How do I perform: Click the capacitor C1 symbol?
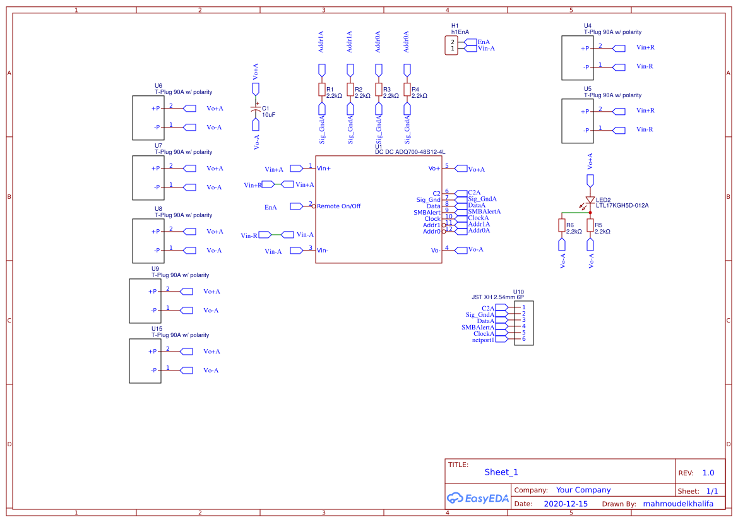coord(256,108)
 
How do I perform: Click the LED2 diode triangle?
coord(590,199)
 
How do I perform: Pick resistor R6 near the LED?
coord(561,226)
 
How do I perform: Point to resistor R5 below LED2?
coord(590,226)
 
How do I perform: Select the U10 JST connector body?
coord(524,323)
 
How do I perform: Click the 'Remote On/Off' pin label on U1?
coord(338,206)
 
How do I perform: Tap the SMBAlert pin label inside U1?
coord(427,213)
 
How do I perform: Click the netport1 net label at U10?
coord(483,340)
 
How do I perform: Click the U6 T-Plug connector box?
coord(148,118)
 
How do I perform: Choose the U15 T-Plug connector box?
coord(145,361)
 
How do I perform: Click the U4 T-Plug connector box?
coord(577,57)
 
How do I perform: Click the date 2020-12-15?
coord(566,504)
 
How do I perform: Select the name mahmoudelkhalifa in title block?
coord(677,504)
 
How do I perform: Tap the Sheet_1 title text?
coord(501,472)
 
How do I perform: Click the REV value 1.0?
coord(708,473)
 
